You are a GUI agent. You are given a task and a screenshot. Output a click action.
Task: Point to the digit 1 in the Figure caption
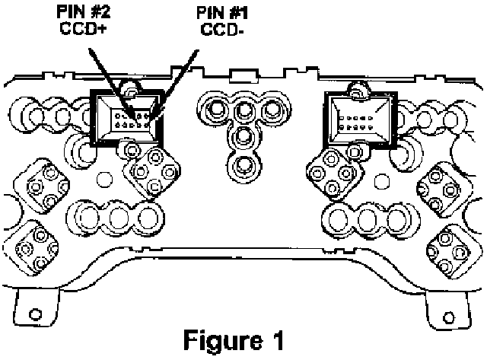[x=282, y=338]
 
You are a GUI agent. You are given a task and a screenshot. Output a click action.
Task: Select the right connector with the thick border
[x=358, y=117]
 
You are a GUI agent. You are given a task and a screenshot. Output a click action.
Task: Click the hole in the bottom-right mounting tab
[x=441, y=311]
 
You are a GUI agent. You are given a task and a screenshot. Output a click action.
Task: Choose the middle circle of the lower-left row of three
[x=118, y=218]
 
